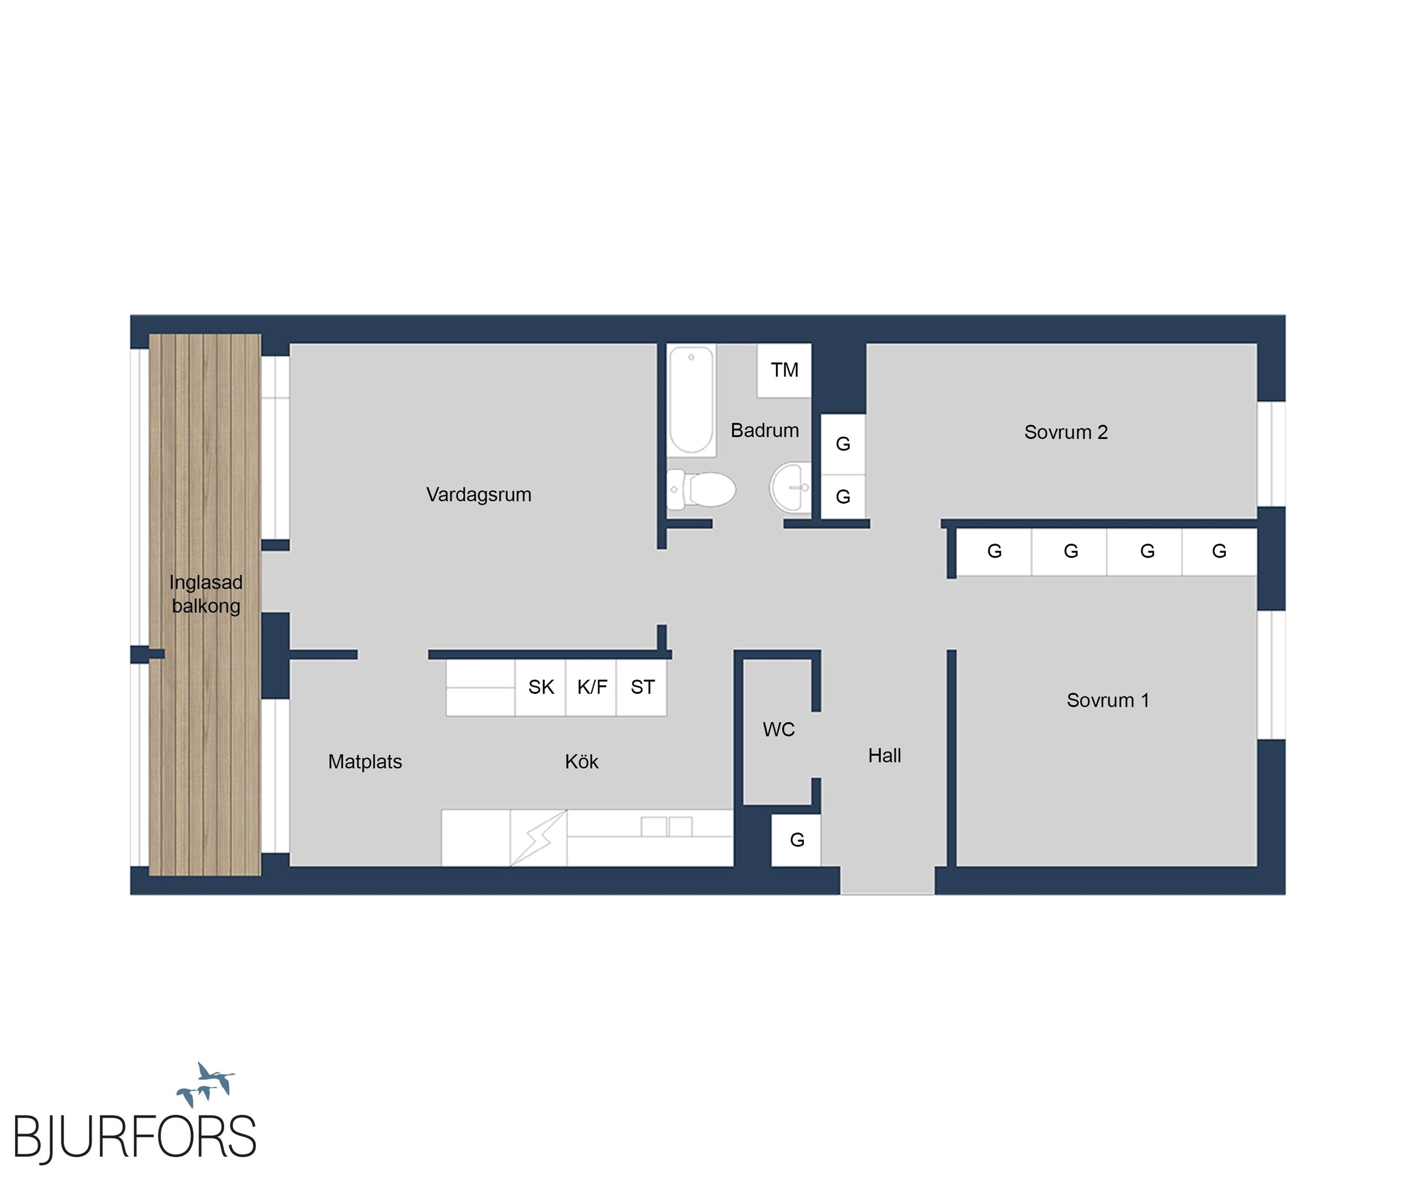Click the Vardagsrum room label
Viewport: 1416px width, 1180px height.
tap(479, 495)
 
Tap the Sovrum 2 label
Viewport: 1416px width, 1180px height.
tap(1066, 432)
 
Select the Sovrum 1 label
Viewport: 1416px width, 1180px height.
tap(1108, 701)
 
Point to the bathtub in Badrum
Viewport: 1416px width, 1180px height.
tap(691, 400)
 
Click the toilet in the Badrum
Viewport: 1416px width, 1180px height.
tap(701, 489)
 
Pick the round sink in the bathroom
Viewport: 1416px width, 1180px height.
tap(790, 487)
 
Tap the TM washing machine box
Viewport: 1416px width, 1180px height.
tap(784, 370)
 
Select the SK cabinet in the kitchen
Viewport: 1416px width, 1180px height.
tap(541, 687)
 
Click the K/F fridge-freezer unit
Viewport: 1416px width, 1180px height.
tap(591, 687)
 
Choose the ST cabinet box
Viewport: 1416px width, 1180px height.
tap(642, 687)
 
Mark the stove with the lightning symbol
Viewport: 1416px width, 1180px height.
tap(538, 837)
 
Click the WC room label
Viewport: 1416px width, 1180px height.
tap(779, 730)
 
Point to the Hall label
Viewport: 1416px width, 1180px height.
tap(885, 756)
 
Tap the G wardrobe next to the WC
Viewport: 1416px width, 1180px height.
tap(797, 840)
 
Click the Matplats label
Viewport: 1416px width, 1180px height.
tap(365, 762)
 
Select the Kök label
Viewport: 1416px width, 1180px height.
tap(581, 762)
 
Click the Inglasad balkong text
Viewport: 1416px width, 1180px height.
tap(206, 594)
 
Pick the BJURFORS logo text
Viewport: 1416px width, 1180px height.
tap(135, 1136)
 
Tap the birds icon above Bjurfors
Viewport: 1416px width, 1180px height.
tap(206, 1084)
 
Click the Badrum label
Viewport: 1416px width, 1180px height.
tap(765, 430)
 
